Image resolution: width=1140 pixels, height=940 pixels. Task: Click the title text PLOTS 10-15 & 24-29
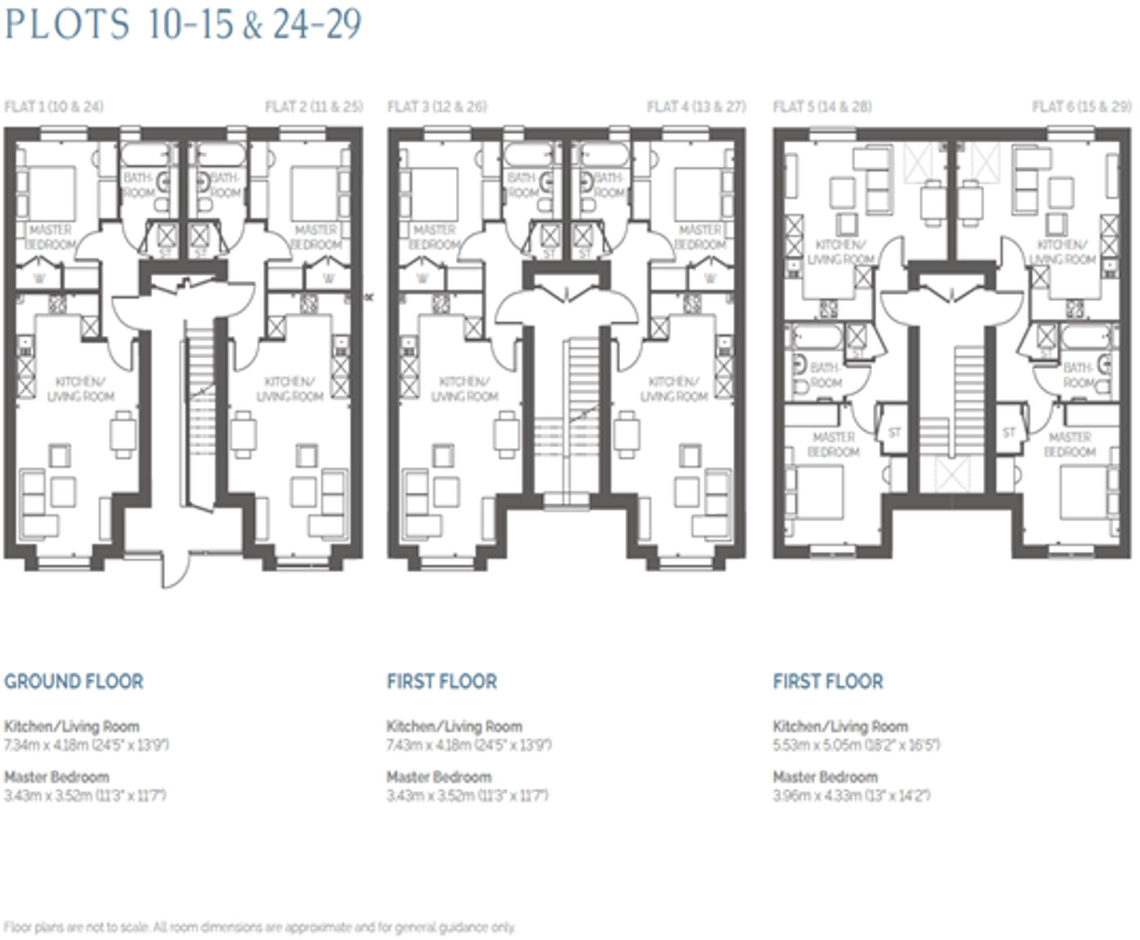183,24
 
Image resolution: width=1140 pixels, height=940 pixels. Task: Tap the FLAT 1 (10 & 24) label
54,107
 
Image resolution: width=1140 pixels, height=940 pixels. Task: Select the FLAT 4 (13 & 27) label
696,107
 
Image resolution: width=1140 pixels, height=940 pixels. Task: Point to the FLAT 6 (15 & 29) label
1082,107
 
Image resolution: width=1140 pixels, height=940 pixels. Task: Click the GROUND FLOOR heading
74,681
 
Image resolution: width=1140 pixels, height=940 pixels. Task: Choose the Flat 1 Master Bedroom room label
50,237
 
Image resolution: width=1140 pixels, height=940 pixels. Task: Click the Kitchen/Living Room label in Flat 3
464,389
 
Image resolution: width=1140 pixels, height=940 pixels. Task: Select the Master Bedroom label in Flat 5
833,445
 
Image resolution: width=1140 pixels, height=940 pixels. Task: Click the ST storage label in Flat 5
894,433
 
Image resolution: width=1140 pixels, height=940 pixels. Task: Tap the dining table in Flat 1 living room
123,434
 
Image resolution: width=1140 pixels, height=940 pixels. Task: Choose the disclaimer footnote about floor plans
260,927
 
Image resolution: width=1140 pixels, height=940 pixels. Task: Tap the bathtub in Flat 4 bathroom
603,155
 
